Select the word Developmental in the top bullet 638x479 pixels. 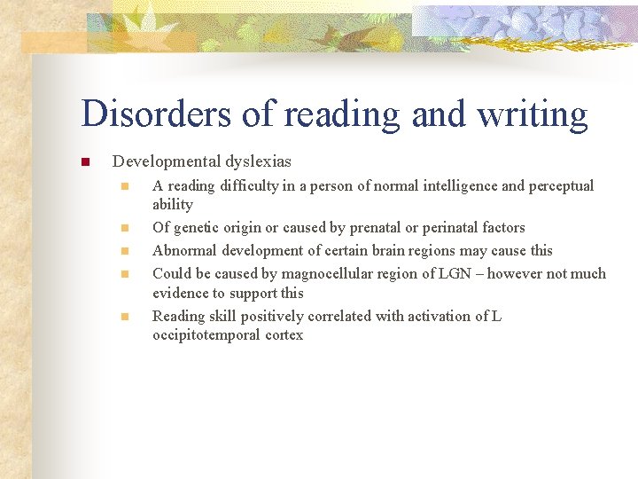[x=164, y=162]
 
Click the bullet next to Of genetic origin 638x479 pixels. [x=126, y=228]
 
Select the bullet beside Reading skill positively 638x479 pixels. [x=126, y=317]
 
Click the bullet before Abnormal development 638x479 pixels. [x=126, y=251]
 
